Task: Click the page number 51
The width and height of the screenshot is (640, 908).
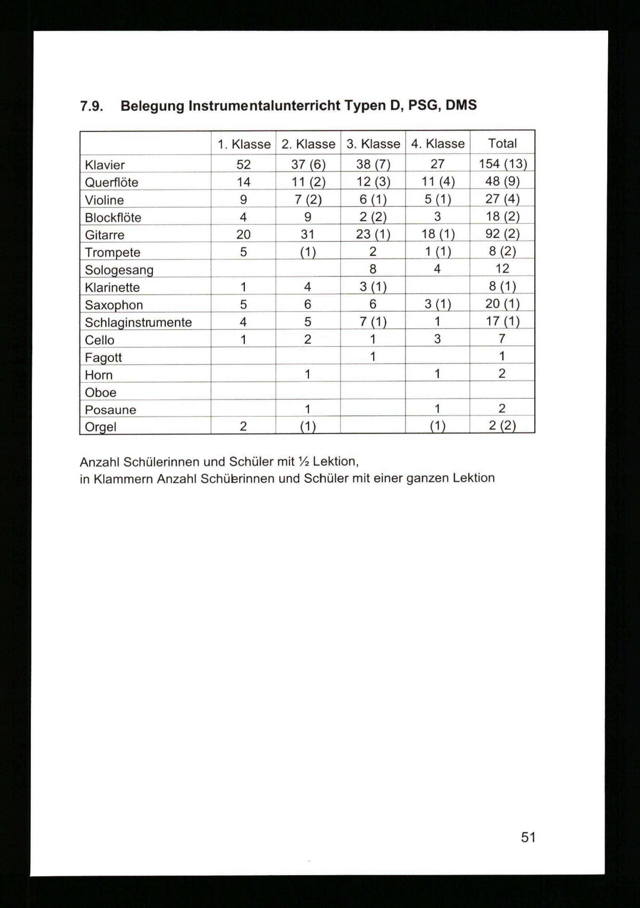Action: [x=528, y=837]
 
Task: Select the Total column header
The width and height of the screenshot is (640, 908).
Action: [x=502, y=143]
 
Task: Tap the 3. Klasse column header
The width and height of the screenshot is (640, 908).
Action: [x=373, y=144]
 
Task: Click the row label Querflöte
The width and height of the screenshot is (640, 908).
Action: [x=112, y=182]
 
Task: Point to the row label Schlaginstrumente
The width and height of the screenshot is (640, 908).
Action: [x=138, y=322]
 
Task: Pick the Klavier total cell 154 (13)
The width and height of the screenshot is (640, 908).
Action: [x=502, y=164]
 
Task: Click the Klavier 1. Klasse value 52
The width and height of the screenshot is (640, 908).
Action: [x=243, y=164]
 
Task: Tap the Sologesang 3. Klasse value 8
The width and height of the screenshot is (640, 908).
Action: [x=372, y=269]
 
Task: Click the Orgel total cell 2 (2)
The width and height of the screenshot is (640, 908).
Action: [x=502, y=426]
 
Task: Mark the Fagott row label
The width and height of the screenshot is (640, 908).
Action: [x=103, y=357]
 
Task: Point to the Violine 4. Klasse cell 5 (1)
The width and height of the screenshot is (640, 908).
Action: [x=437, y=199]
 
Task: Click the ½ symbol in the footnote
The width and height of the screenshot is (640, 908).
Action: [x=303, y=461]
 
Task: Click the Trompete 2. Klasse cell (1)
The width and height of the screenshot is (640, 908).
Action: [x=308, y=252]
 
